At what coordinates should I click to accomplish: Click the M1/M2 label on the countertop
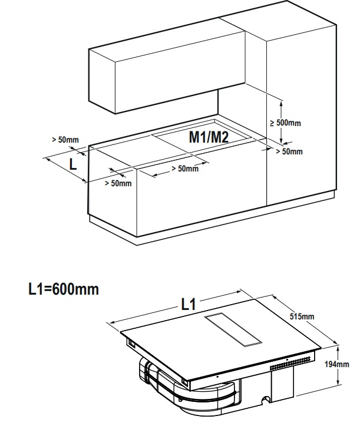click(x=209, y=137)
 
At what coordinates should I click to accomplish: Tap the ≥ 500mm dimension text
click(x=286, y=123)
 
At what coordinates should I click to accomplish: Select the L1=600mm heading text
click(x=64, y=289)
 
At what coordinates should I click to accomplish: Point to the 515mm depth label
click(x=302, y=316)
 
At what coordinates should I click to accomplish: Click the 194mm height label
click(x=337, y=364)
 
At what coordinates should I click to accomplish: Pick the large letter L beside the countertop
click(x=73, y=165)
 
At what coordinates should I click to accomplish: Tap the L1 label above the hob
click(x=189, y=304)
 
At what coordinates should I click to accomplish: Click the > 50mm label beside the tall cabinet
click(x=289, y=151)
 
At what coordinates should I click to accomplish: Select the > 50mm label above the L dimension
click(x=65, y=140)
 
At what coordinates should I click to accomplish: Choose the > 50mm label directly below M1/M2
click(x=185, y=169)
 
